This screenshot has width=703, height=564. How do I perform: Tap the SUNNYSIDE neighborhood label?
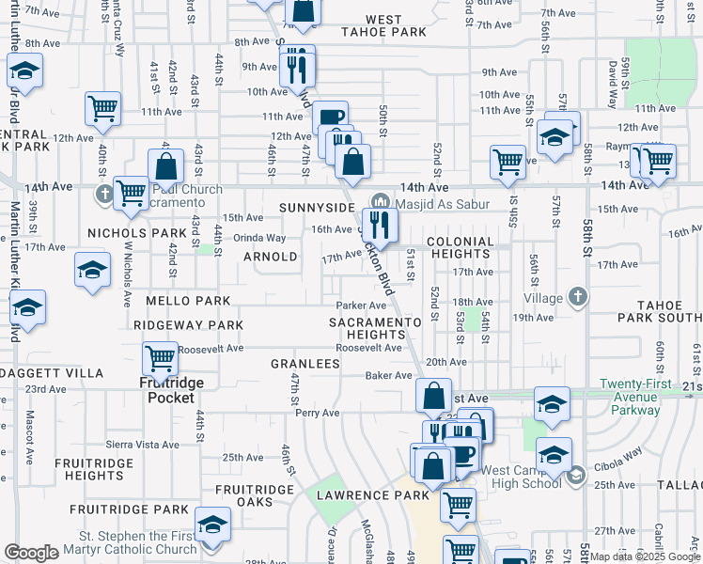coord(316,207)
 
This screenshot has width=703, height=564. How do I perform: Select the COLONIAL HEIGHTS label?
coord(460,248)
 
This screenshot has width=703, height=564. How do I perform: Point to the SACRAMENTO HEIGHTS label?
coord(375,328)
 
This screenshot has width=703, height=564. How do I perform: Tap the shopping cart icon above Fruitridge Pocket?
coord(161,357)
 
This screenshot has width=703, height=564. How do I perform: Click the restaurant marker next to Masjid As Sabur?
coord(380,224)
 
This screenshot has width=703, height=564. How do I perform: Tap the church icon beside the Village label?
coord(578,297)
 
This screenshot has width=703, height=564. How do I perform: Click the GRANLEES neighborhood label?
coord(305,364)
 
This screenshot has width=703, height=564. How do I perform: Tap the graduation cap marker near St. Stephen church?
coord(213,524)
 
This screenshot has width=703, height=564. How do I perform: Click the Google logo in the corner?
coord(31,553)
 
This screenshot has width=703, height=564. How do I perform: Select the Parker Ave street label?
coord(362,305)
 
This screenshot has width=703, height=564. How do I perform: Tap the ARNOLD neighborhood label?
coord(270,257)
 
